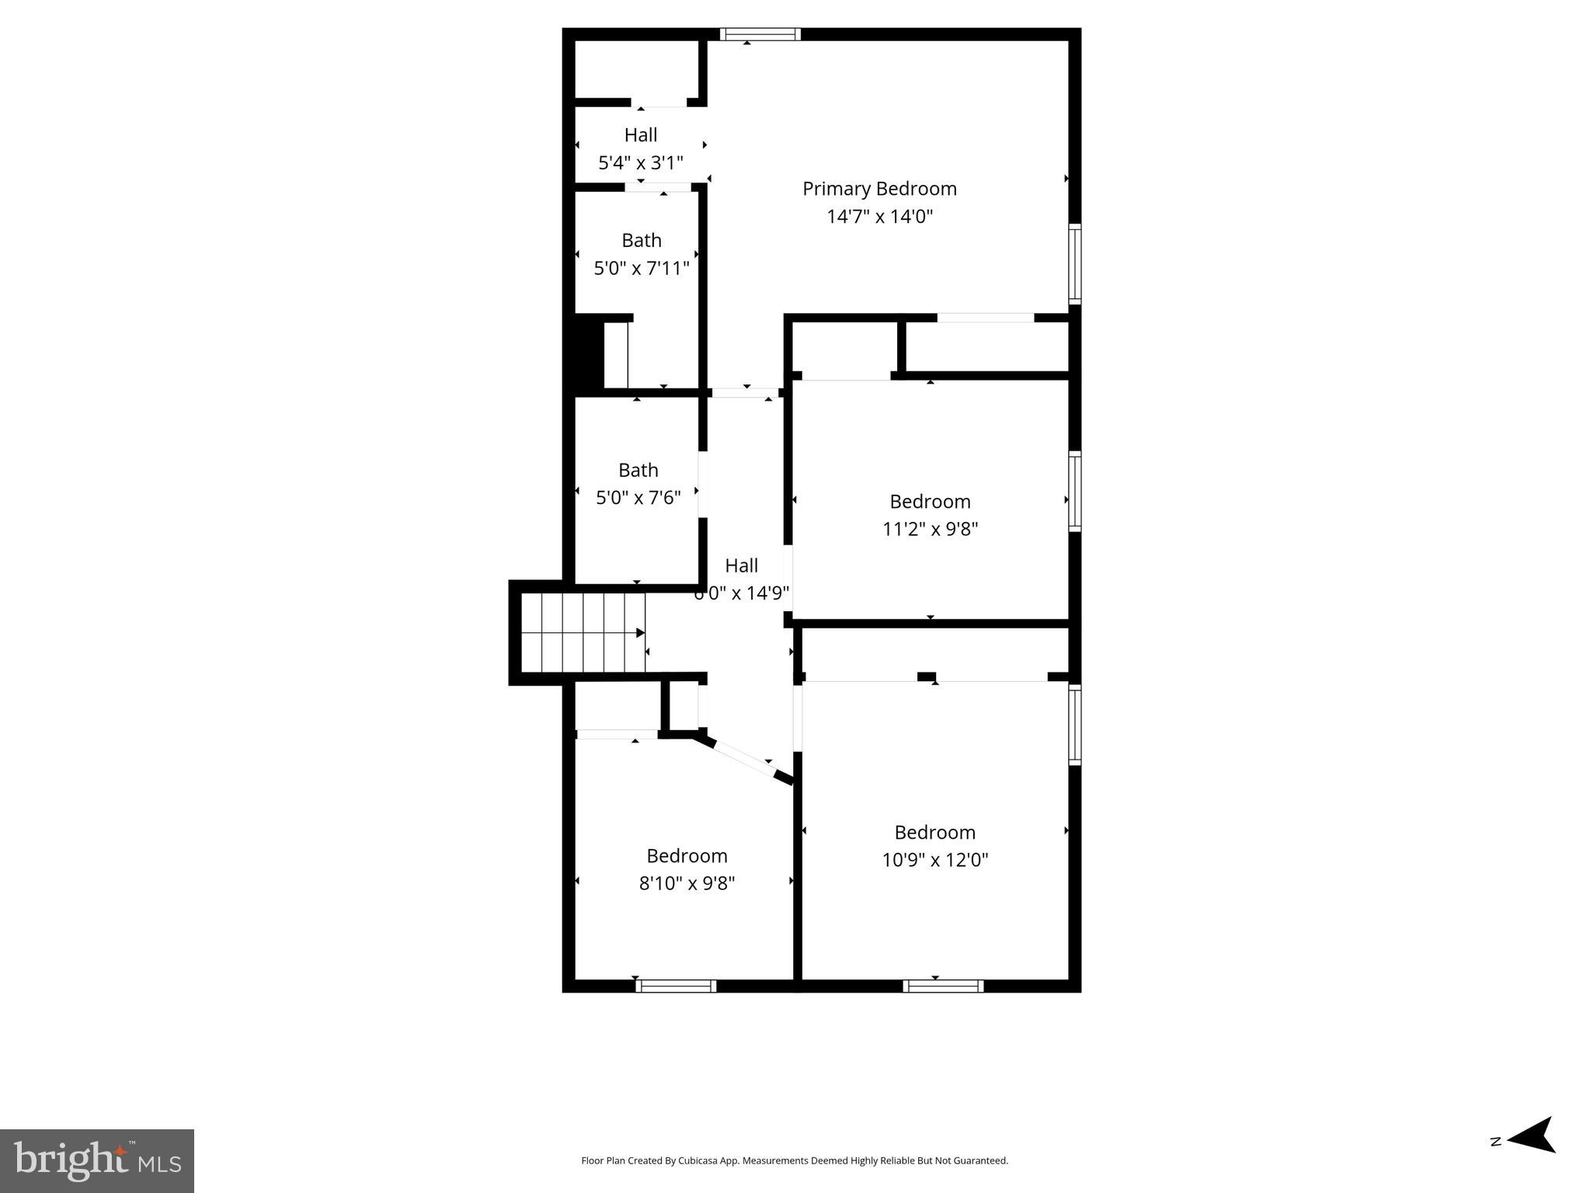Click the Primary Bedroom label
[879, 189]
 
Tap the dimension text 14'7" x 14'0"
[879, 216]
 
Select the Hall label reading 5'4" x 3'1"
[641, 135]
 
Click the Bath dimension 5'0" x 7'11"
[642, 269]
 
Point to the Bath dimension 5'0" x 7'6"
[638, 497]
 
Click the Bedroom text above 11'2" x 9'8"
[930, 501]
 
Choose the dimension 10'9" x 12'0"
[934, 860]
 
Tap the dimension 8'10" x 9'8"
[687, 883]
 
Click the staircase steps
[583, 632]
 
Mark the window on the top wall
[760, 34]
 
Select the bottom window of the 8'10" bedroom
[676, 986]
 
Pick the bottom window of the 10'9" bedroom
[943, 986]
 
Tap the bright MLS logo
[97, 1160]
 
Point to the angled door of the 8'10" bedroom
[744, 757]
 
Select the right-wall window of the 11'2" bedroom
[1075, 491]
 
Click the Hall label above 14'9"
[741, 565]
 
